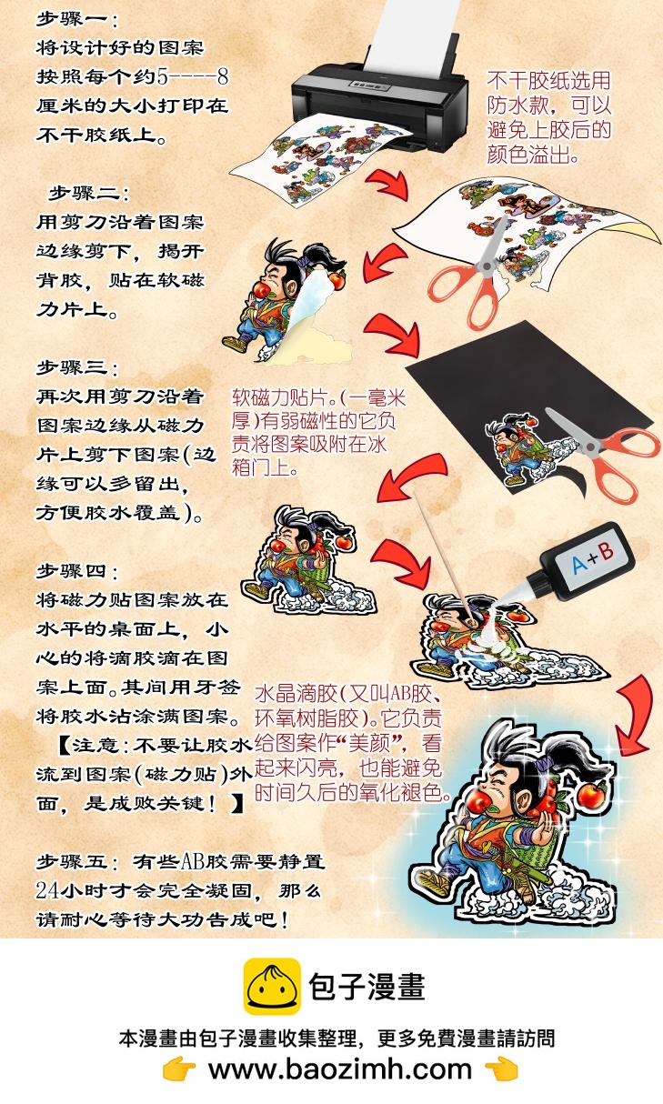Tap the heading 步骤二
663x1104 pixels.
[x=88, y=193]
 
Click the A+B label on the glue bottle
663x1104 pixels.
[x=592, y=557]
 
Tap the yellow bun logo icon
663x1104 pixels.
[x=271, y=987]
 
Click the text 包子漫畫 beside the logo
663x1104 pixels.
[x=367, y=987]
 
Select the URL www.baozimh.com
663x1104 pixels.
[x=341, y=1069]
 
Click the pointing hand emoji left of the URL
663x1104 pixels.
[x=179, y=1069]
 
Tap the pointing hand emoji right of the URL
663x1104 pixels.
[x=501, y=1069]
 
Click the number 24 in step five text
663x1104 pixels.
[x=49, y=889]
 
